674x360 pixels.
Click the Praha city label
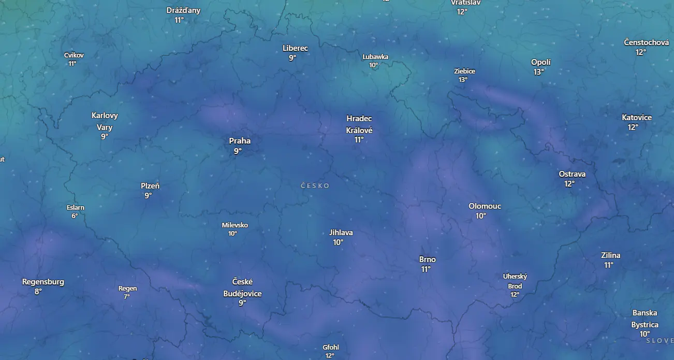coord(240,141)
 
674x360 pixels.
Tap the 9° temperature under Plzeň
coord(148,196)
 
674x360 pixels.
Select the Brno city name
coord(428,260)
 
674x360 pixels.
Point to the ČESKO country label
coord(315,185)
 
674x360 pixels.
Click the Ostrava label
coord(572,174)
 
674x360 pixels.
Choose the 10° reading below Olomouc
coord(481,216)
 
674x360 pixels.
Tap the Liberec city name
coord(295,48)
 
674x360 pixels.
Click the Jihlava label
coord(341,233)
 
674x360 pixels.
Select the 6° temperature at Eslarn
coord(75,216)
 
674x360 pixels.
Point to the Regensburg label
coord(43,282)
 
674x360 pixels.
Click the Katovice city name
coord(637,118)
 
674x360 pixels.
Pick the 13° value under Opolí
coord(539,72)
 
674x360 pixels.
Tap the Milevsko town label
coord(235,225)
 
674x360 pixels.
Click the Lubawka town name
coord(375,57)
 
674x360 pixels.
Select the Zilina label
coord(611,255)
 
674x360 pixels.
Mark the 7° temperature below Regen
coord(127,297)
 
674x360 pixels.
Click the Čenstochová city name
coord(647,42)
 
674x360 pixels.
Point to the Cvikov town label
coord(74,55)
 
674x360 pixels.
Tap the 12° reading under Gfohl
coord(330,356)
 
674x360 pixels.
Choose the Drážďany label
coord(183,10)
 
